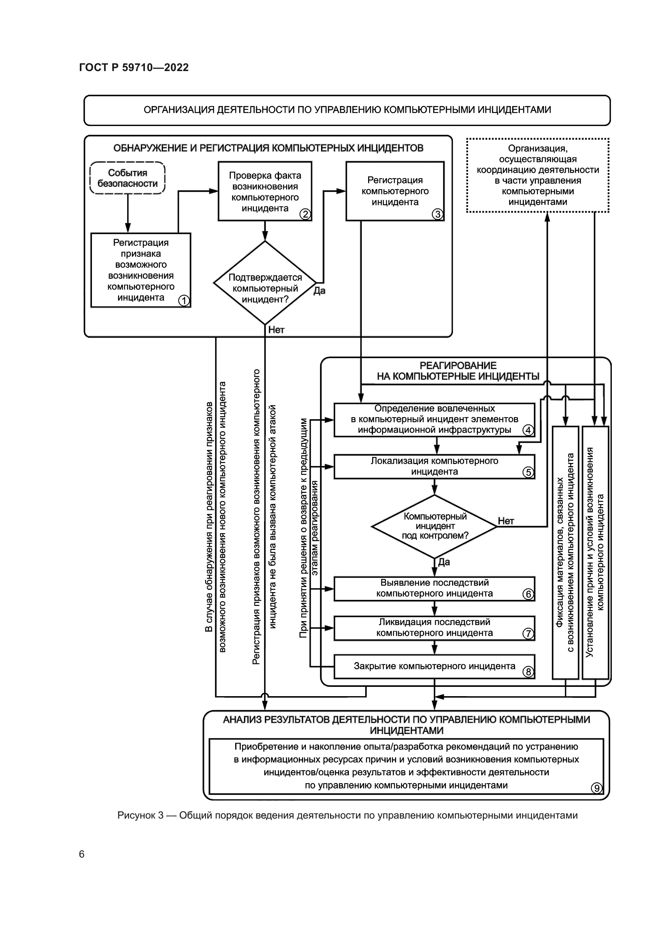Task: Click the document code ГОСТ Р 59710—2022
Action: click(134, 67)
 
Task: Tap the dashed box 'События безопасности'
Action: click(127, 178)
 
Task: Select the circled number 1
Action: click(184, 301)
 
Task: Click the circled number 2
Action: click(305, 214)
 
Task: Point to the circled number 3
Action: click(438, 214)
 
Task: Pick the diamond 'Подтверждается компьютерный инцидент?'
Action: click(265, 283)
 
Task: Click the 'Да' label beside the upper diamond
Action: click(319, 291)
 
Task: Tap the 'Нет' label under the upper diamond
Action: click(276, 330)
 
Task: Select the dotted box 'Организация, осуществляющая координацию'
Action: click(538, 175)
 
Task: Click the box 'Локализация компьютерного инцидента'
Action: click(434, 466)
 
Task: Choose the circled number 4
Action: click(528, 430)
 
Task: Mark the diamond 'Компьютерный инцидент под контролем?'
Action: click(435, 526)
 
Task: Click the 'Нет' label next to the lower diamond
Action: click(506, 521)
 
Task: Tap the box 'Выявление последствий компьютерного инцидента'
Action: click(434, 588)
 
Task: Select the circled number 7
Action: click(528, 633)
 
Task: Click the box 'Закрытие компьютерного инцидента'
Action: click(434, 666)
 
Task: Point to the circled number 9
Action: click(597, 788)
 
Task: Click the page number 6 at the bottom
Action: click(82, 854)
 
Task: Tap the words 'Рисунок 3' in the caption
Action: click(140, 815)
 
